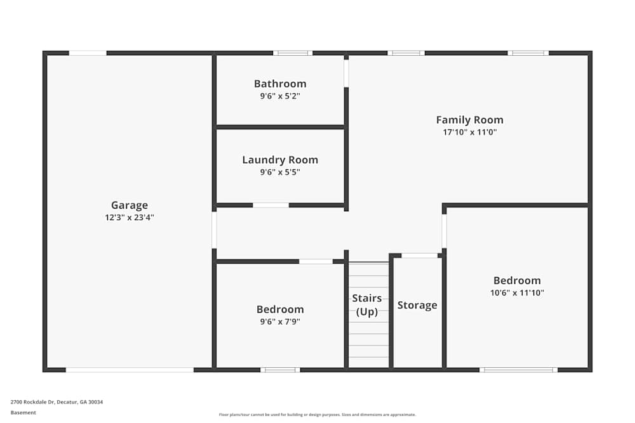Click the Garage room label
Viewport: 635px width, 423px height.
pyautogui.click(x=130, y=205)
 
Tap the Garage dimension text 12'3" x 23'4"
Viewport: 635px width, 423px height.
pyautogui.click(x=130, y=217)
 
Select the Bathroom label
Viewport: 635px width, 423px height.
pyautogui.click(x=280, y=84)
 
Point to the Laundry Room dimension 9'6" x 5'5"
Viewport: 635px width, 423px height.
pyautogui.click(x=280, y=172)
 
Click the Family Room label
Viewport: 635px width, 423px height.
pyautogui.click(x=469, y=120)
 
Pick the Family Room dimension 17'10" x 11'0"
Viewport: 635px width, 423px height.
pyautogui.click(x=469, y=133)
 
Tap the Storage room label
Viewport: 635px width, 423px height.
pyautogui.click(x=417, y=305)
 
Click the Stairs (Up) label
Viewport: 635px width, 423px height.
pyautogui.click(x=367, y=305)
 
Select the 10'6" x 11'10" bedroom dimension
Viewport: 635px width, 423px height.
pyautogui.click(x=518, y=293)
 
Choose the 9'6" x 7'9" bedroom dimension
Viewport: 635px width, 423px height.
pyautogui.click(x=280, y=322)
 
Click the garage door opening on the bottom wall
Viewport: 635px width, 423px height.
pyautogui.click(x=130, y=369)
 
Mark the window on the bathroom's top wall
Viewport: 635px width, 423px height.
pyautogui.click(x=293, y=53)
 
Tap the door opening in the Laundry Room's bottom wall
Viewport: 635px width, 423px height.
pyautogui.click(x=271, y=205)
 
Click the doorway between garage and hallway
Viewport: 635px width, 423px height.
pyautogui.click(x=214, y=230)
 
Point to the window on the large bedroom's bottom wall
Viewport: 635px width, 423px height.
pyautogui.click(x=518, y=369)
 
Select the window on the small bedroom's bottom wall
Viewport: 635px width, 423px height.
pyautogui.click(x=280, y=369)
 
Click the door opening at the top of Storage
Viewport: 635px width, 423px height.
pyautogui.click(x=419, y=256)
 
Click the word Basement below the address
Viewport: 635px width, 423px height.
pyautogui.click(x=23, y=412)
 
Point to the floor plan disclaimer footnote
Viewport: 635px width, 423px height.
pyautogui.click(x=317, y=414)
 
